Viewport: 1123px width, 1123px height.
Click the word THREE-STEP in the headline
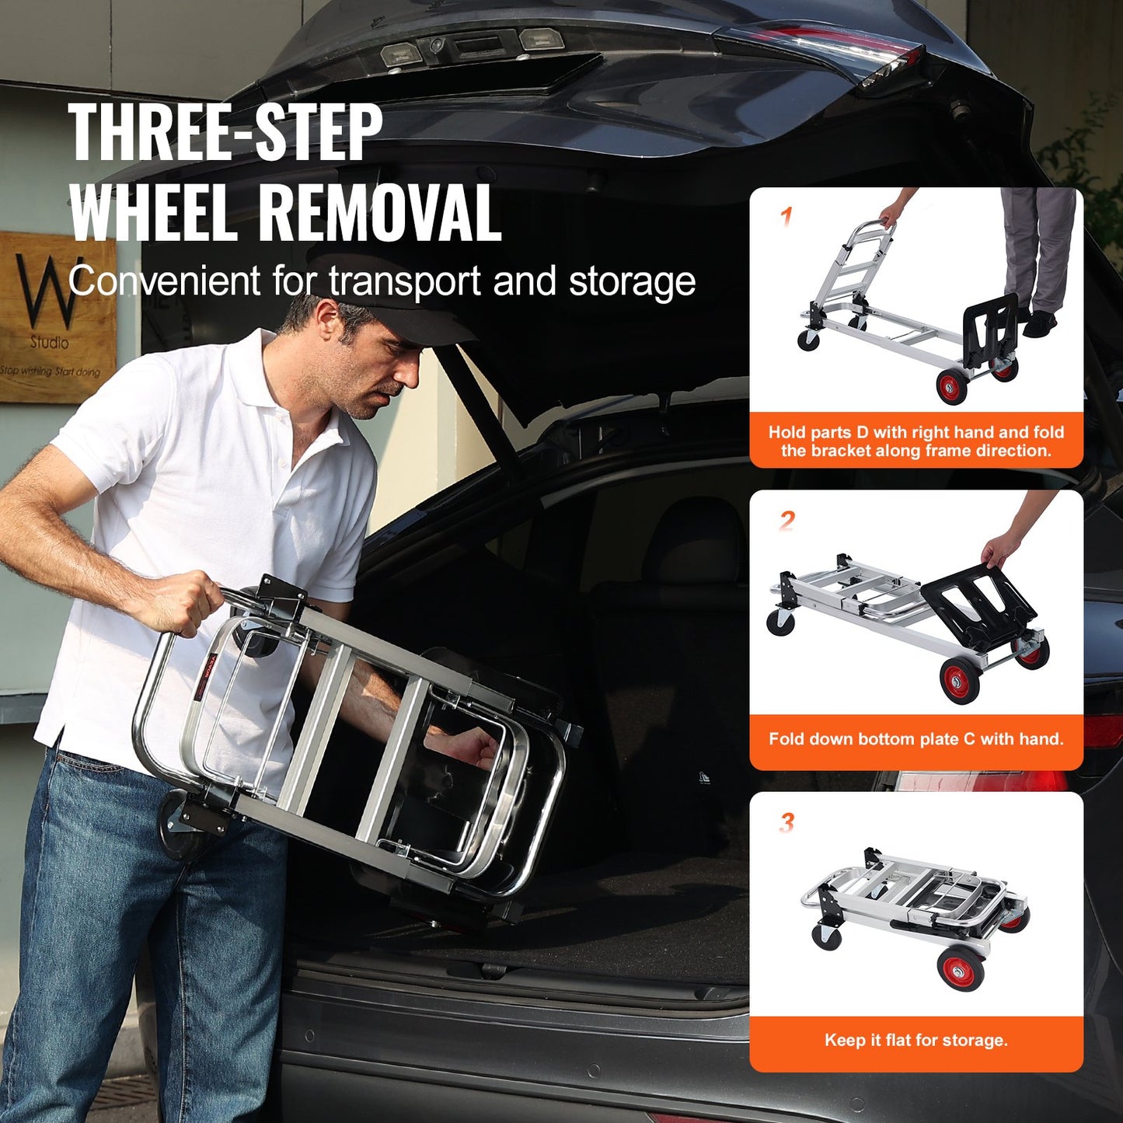[x=225, y=132]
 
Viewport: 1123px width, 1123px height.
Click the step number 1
[x=786, y=216]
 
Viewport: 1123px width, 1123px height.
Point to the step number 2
[x=786, y=519]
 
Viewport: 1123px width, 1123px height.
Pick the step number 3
[x=786, y=821]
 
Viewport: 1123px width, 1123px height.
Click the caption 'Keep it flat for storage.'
[x=915, y=1040]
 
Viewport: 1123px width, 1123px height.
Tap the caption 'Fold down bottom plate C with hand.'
[x=915, y=738]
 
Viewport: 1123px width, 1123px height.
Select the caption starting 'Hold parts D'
[x=915, y=441]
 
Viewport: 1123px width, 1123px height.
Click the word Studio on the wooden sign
[x=49, y=342]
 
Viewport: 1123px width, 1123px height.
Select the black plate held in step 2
[x=979, y=602]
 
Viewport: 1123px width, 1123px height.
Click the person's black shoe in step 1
[x=1039, y=323]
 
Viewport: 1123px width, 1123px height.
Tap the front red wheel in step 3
[x=961, y=968]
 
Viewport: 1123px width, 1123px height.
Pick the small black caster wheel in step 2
[x=780, y=622]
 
